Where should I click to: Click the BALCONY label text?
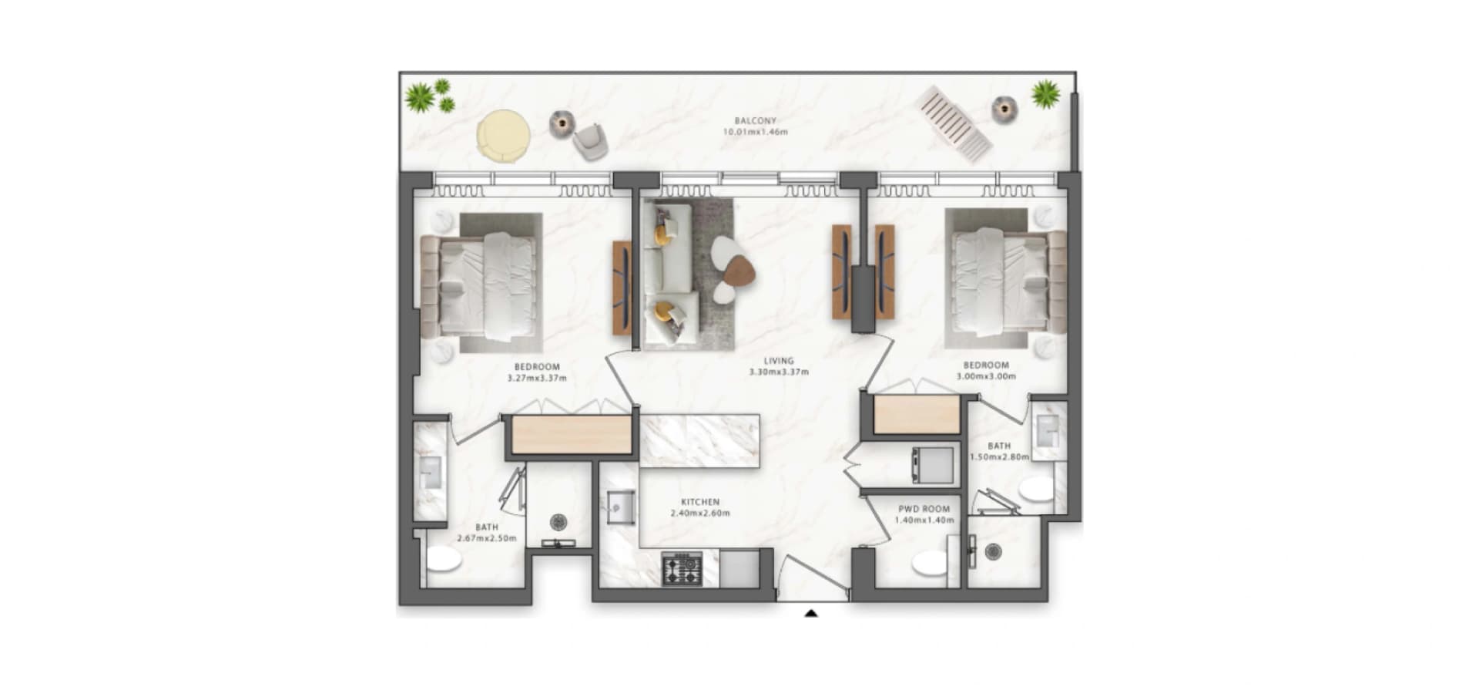pyautogui.click(x=755, y=121)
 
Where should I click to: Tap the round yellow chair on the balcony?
pyautogui.click(x=503, y=136)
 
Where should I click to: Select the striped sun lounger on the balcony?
pyautogui.click(x=954, y=123)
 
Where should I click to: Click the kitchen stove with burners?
pyautogui.click(x=682, y=568)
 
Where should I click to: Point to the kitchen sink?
pyautogui.click(x=621, y=508)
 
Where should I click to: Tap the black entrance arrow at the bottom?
pyautogui.click(x=810, y=614)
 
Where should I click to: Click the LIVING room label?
pyautogui.click(x=779, y=361)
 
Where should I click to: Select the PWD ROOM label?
pyautogui.click(x=924, y=509)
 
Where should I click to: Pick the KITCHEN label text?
pyautogui.click(x=700, y=502)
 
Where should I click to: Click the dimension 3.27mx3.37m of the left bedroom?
pyautogui.click(x=537, y=379)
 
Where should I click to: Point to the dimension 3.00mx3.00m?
pyautogui.click(x=986, y=377)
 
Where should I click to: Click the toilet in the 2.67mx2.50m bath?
pyautogui.click(x=444, y=559)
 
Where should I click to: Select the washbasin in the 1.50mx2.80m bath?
pyautogui.click(x=1048, y=431)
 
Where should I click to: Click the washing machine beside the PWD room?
pyautogui.click(x=933, y=465)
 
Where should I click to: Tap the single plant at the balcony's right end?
pyautogui.click(x=1045, y=94)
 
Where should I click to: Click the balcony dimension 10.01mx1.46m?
pyautogui.click(x=755, y=132)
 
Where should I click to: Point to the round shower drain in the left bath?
pyautogui.click(x=558, y=522)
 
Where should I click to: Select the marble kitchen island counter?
pyautogui.click(x=699, y=440)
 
